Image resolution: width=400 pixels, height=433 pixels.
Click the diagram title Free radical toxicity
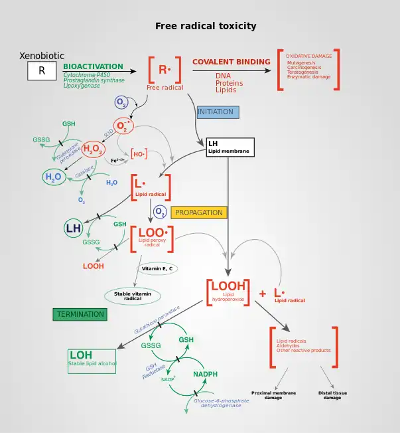coord(206,27)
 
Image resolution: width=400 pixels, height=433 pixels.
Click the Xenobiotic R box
coord(42,71)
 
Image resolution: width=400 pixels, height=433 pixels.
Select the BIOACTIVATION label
coord(93,66)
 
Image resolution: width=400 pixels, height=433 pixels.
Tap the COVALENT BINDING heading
coord(232,62)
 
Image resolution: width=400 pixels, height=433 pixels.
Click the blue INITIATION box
coord(216,112)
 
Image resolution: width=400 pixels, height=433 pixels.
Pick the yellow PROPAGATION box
coord(199,213)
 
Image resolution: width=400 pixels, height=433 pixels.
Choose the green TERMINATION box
coord(80,314)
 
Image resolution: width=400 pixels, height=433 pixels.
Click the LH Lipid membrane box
coord(230,147)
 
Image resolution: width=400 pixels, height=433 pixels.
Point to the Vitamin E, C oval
coord(157,269)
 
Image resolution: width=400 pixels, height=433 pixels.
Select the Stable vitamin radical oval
coord(133,296)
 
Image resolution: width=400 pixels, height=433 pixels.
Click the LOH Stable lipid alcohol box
coord(92,360)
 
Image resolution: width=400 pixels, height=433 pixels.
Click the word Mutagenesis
coord(301,62)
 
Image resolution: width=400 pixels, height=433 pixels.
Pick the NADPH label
coord(205,374)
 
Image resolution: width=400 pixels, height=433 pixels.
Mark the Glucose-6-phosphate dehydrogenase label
coord(222,403)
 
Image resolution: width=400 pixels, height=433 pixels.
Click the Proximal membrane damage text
coord(273,395)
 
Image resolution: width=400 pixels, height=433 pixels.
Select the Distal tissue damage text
coord(332,395)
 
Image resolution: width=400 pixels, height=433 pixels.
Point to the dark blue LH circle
coord(73,228)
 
